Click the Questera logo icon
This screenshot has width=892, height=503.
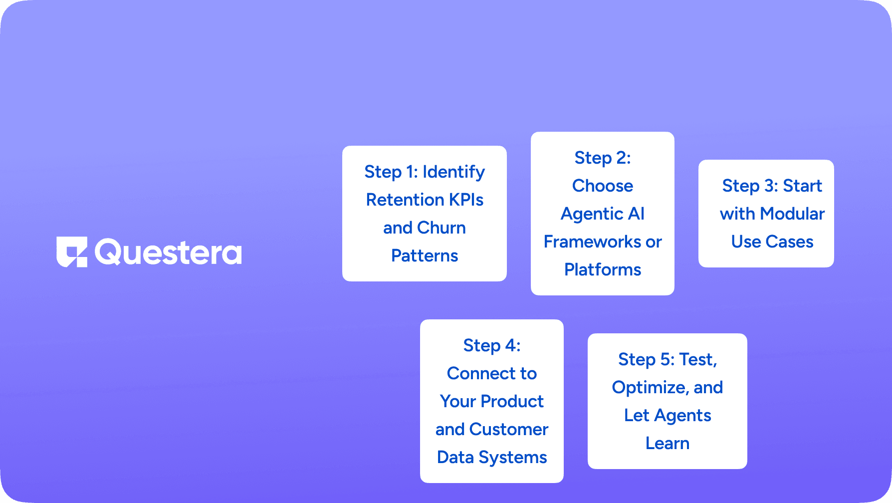tap(72, 251)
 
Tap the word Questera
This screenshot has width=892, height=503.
tap(168, 252)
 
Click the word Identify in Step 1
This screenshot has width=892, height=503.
tap(453, 172)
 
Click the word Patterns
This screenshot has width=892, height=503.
tap(425, 256)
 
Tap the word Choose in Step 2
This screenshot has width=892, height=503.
tap(603, 186)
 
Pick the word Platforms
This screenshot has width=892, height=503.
tap(603, 270)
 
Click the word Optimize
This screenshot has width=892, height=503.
tap(650, 388)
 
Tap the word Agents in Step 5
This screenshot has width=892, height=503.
tap(682, 416)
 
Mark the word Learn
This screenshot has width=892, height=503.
tap(668, 444)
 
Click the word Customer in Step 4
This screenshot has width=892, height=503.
tap(509, 430)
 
